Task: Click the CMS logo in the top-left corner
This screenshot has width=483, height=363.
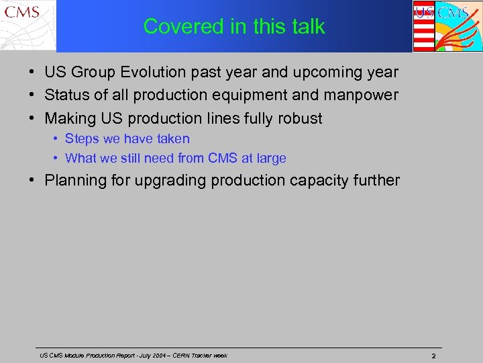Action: coord(28,26)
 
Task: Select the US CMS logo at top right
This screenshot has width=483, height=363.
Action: coord(446,26)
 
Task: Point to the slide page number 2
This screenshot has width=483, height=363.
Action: coord(433,356)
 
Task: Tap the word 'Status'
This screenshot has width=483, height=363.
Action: coord(66,95)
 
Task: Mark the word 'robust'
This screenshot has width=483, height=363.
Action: coord(299,119)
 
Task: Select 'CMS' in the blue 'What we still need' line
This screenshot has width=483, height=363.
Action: coord(232,159)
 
